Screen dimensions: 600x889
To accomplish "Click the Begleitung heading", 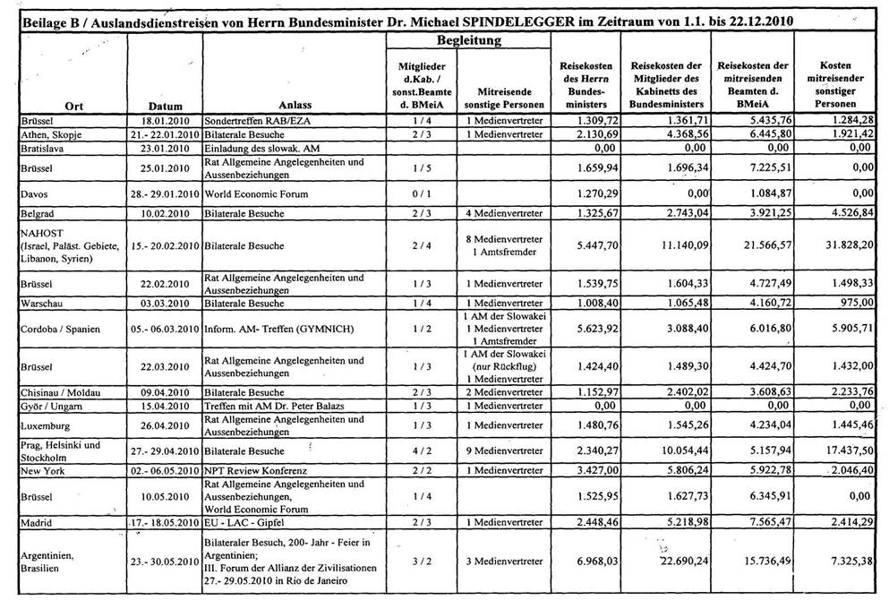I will pyautogui.click(x=468, y=41).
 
